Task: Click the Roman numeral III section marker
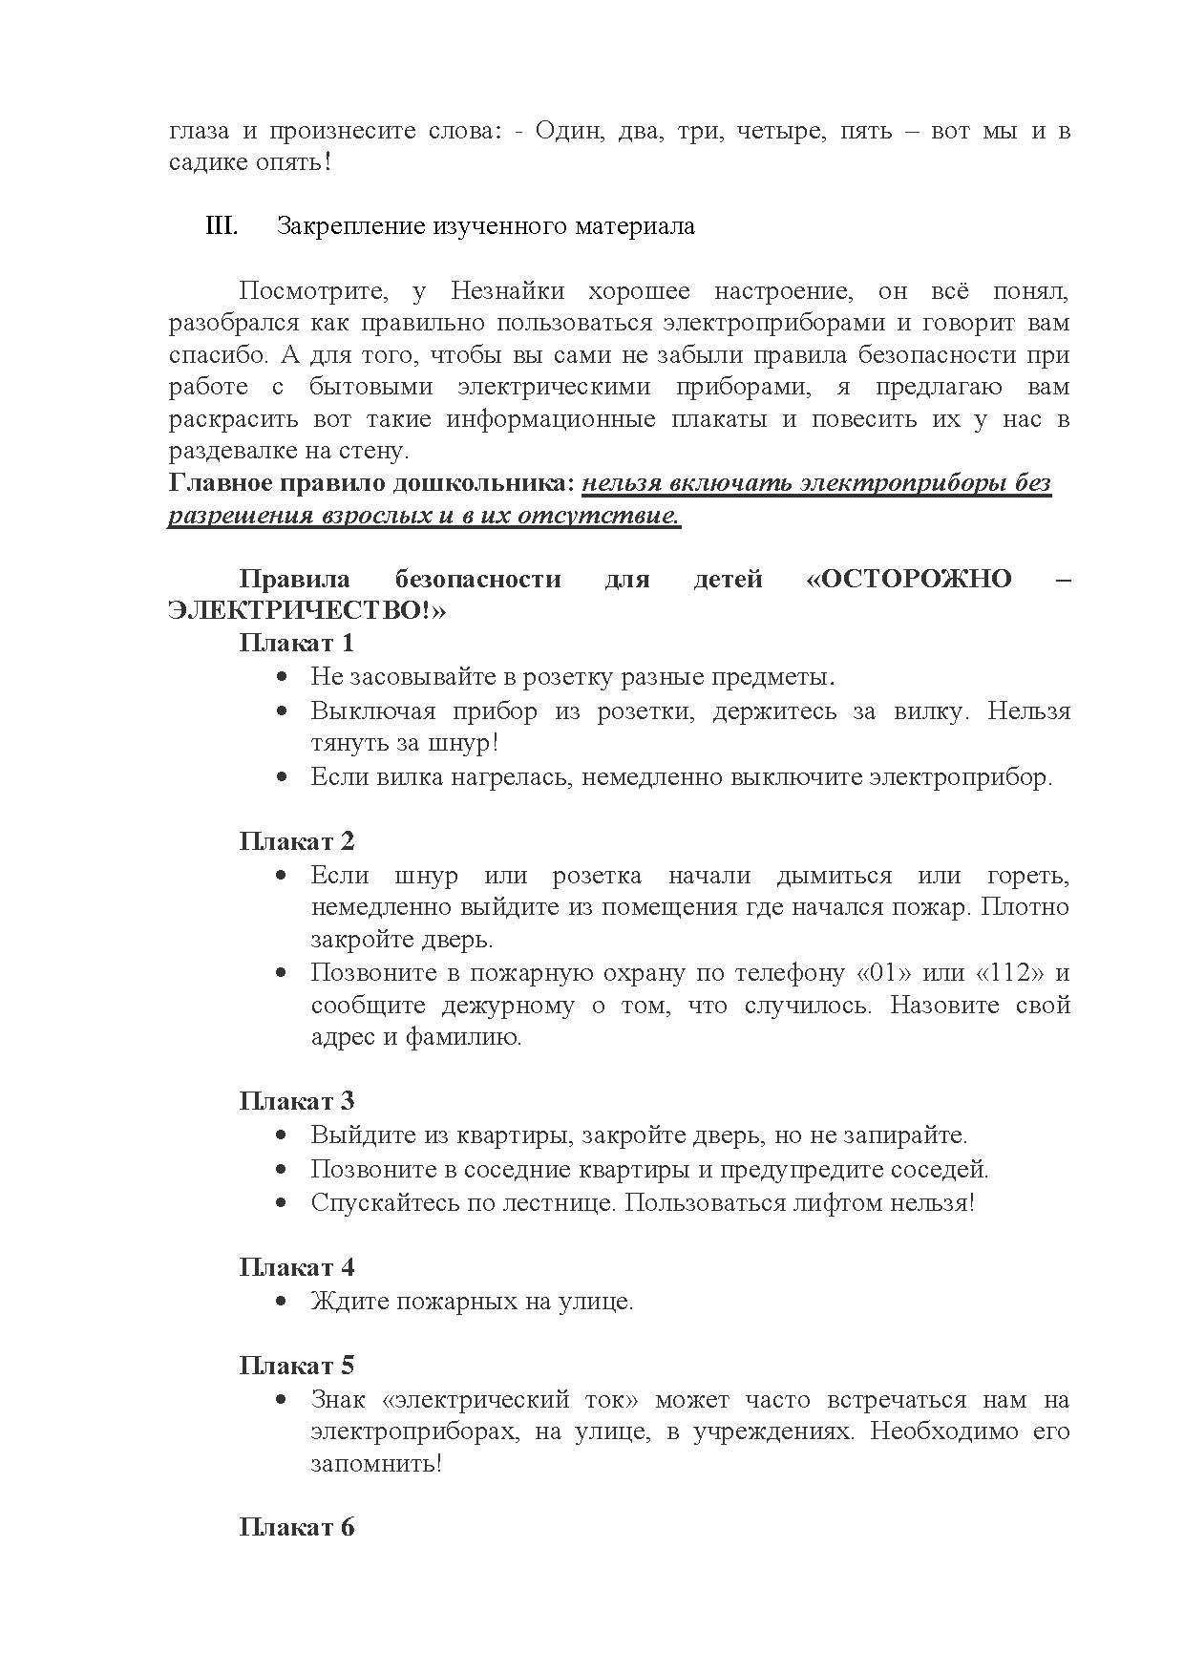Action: tap(222, 227)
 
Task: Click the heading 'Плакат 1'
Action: tap(296, 642)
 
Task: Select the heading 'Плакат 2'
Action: tap(296, 840)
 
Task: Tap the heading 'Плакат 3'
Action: tap(296, 1101)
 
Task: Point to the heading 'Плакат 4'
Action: tap(296, 1267)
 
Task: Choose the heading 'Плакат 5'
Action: tap(296, 1366)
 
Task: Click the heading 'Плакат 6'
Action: tap(296, 1527)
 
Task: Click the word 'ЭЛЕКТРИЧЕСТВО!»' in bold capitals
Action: tap(307, 611)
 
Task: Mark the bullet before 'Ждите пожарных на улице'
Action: tap(282, 1302)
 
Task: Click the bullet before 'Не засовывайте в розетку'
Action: tap(282, 677)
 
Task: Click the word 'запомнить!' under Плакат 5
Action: tap(376, 1463)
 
